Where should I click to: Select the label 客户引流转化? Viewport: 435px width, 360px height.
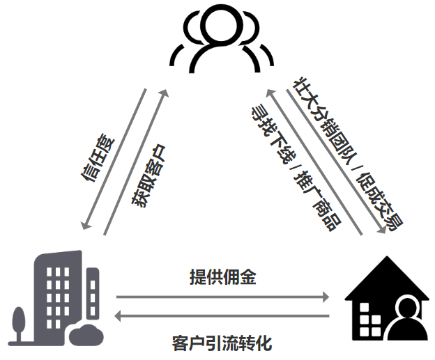[x=222, y=343]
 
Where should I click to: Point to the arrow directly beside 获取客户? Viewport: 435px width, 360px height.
[x=135, y=162]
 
